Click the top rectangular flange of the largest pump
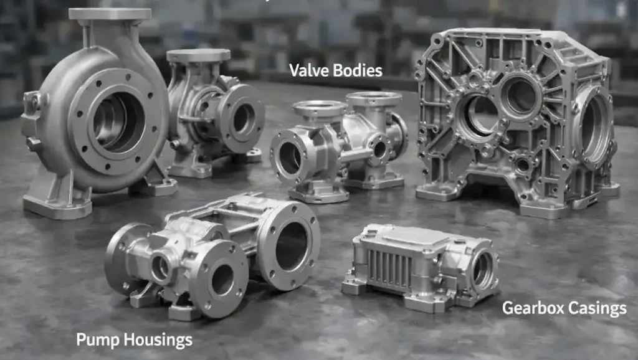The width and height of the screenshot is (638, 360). pyautogui.click(x=110, y=14)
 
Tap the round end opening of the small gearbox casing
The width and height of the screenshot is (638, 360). pyautogui.click(x=482, y=269)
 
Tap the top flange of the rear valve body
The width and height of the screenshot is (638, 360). pyautogui.click(x=374, y=98)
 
